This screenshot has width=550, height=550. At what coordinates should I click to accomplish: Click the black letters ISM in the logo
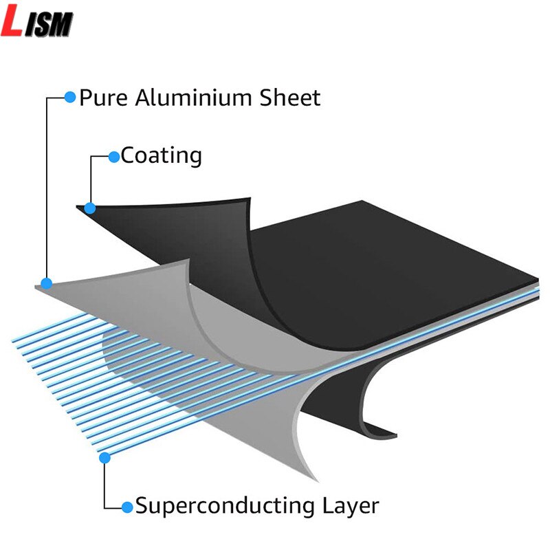click(x=49, y=25)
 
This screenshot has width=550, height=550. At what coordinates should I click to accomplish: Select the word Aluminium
click(x=191, y=98)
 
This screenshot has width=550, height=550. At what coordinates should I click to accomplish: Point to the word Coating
click(x=162, y=155)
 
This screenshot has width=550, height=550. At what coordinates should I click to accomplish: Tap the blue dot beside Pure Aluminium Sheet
click(x=69, y=97)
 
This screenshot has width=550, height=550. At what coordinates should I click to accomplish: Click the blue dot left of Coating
click(x=114, y=156)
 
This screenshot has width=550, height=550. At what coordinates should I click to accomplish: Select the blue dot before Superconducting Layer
click(x=127, y=507)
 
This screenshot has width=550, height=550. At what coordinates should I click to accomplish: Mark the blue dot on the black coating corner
click(x=90, y=207)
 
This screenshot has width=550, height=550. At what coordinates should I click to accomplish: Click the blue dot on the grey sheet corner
click(x=47, y=283)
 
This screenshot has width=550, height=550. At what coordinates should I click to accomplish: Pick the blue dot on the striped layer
click(x=104, y=457)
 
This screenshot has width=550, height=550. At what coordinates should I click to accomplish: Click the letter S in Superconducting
click(x=142, y=507)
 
